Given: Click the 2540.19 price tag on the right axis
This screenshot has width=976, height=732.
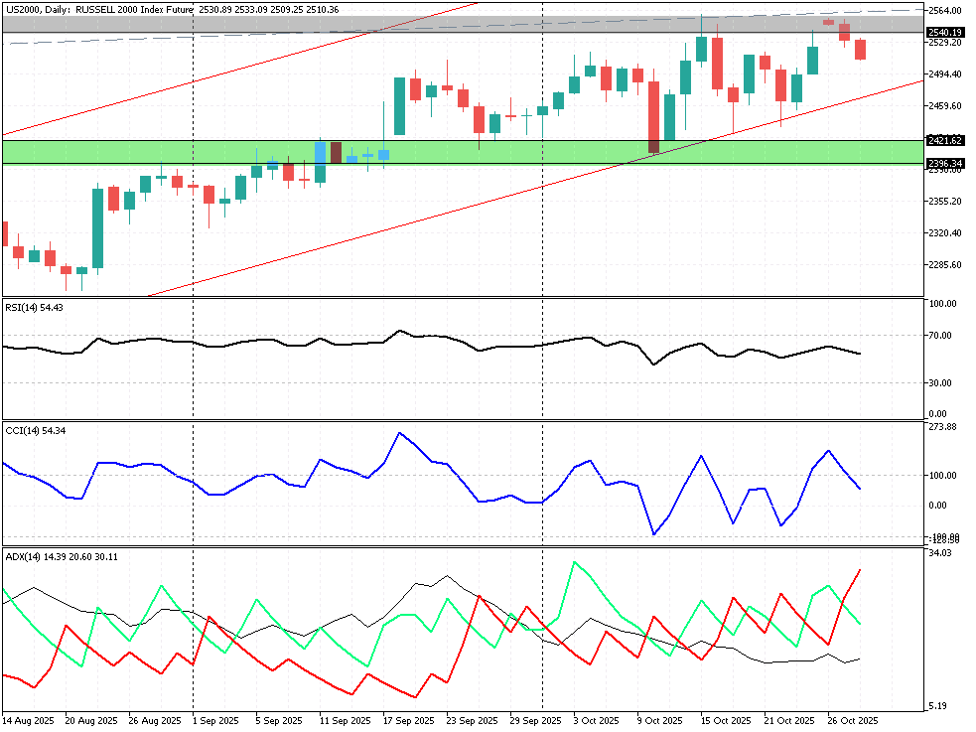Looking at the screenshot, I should point(945,33).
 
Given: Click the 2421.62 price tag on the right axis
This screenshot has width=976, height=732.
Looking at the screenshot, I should point(945,141).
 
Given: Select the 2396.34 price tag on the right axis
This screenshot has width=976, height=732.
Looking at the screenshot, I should point(945,164).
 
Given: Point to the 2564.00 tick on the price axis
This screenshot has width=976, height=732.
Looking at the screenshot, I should point(945,10).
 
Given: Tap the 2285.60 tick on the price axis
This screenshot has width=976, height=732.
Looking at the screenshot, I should point(945,265).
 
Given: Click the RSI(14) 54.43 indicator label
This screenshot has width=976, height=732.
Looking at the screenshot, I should point(35,307).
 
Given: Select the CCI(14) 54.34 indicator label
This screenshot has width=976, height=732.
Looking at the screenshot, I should point(35,430).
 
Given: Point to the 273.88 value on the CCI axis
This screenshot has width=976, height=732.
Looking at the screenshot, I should point(943,427).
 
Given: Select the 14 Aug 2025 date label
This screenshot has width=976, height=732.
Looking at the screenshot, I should point(27,719).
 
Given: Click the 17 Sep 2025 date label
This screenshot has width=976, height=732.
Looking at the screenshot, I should point(409,719).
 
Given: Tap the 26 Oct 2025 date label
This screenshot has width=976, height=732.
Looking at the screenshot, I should point(853,719).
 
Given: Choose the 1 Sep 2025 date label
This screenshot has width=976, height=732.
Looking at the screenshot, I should point(214,719).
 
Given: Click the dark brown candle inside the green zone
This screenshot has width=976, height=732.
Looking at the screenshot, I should point(336,152).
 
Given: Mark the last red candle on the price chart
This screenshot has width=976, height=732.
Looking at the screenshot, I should point(860,50).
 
